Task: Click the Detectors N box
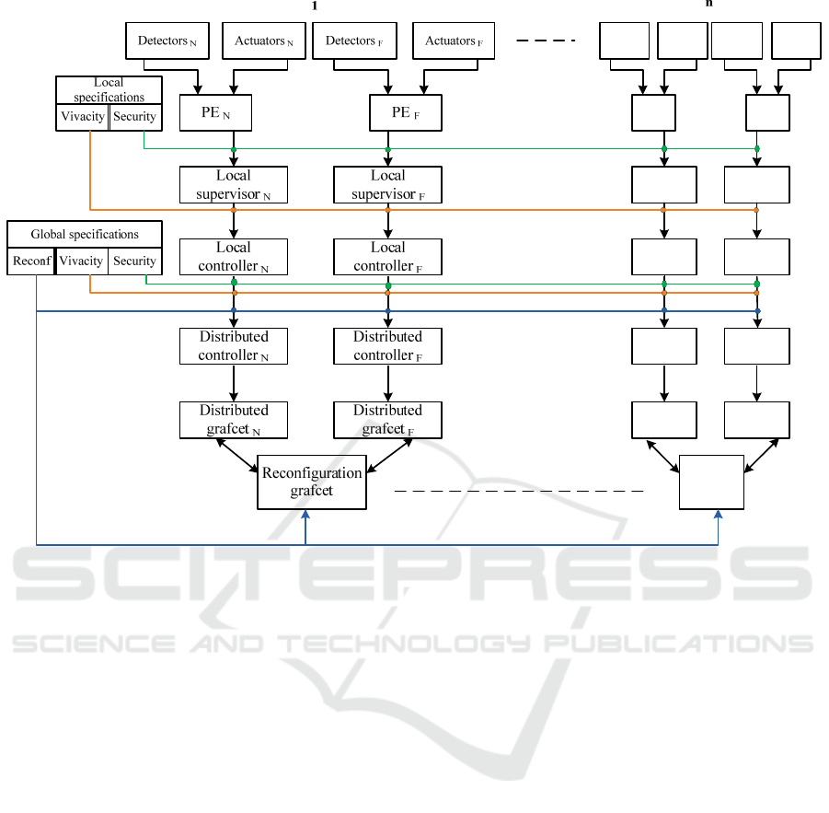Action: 167,41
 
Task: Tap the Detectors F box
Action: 354,41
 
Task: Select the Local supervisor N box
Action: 234,184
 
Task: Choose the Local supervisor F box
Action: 387,184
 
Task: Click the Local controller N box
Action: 234,257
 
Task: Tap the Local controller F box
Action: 387,257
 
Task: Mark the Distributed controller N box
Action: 234,346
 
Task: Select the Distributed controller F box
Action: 387,346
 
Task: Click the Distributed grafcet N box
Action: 234,420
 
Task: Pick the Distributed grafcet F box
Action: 387,420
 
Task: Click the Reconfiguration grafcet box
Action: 312,482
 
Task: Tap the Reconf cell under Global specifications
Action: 32,261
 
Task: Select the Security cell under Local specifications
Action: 135,117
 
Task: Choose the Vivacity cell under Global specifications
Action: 81,261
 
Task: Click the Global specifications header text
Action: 85,235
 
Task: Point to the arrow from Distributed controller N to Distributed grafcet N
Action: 234,383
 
